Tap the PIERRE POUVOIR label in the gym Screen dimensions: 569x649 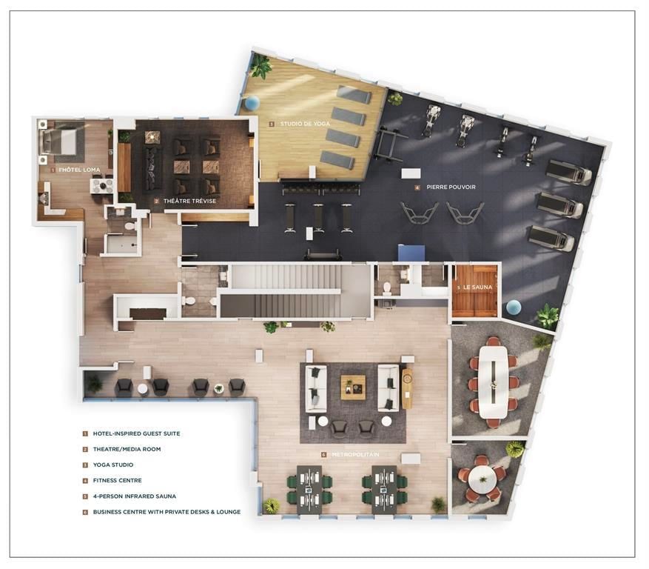click(448, 187)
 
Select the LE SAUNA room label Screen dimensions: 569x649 click(477, 287)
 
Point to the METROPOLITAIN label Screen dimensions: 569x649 click(354, 454)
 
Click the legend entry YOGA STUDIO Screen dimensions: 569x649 click(112, 465)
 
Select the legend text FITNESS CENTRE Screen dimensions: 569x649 click(117, 480)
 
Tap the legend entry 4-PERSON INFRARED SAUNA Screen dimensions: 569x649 click(134, 496)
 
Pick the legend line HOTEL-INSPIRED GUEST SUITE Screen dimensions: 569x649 click(136, 433)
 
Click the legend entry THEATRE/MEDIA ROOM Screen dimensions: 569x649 click(127, 449)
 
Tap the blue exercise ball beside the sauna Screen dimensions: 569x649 click(514, 307)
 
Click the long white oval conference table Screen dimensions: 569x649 click(492, 382)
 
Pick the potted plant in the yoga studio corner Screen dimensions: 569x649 click(260, 67)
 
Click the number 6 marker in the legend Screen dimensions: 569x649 click(85, 511)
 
